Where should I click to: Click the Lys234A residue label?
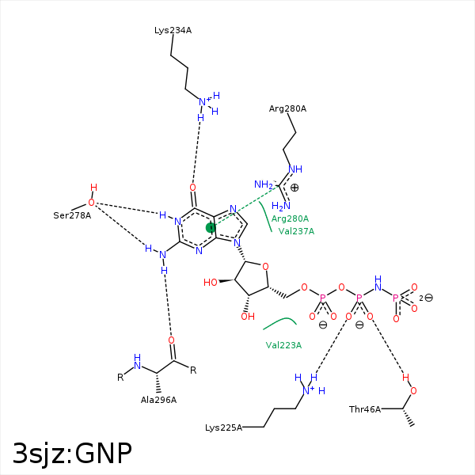coord(173,30)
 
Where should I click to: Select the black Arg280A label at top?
coord(287,108)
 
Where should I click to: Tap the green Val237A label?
coord(296,231)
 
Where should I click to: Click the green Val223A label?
coord(283,345)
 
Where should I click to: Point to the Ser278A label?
coord(72,215)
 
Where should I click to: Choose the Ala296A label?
coord(158,400)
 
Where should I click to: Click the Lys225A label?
coord(223,427)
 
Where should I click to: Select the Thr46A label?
coord(365,409)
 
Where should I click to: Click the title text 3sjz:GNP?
coord(72,453)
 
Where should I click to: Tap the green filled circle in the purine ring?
coord(211,228)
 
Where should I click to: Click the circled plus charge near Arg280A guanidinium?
coord(294,188)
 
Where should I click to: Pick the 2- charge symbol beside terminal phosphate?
coord(426,298)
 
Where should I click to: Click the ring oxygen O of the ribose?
coord(265,266)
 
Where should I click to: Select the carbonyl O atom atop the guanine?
coord(192,188)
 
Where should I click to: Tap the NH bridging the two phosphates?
coord(378,283)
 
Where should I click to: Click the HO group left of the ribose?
coord(211,282)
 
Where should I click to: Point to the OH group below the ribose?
coord(248,317)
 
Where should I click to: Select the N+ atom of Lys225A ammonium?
coord(307,389)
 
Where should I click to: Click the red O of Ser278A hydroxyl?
coord(91,203)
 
